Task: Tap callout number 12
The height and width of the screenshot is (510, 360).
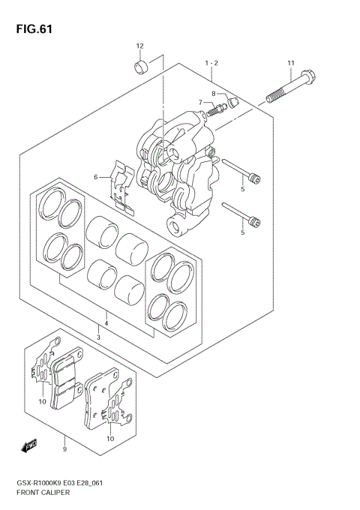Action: tap(139, 46)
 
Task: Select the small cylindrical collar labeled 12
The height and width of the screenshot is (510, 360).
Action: tap(140, 69)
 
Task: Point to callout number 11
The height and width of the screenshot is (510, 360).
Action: tap(291, 62)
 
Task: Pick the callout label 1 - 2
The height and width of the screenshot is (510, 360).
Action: tap(211, 63)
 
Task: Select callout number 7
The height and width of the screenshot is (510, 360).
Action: tap(200, 102)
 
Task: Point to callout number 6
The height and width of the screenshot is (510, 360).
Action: tap(96, 177)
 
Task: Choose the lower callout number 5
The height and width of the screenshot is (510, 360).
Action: tap(242, 232)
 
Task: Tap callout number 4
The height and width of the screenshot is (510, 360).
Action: tap(106, 323)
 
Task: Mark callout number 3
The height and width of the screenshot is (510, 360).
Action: tap(98, 337)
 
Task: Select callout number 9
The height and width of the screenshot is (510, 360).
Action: tap(64, 449)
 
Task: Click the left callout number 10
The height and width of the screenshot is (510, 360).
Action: tap(43, 402)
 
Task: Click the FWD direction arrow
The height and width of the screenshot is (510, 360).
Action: tap(30, 447)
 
